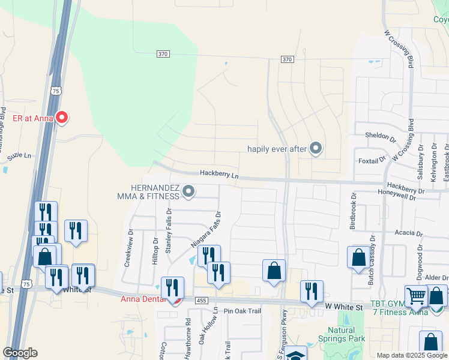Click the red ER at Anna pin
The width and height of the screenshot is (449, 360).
(61, 118)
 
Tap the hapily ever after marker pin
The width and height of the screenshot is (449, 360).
(316, 149)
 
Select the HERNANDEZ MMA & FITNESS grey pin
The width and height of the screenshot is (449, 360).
(188, 192)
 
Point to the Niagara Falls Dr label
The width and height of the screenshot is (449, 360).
(206, 230)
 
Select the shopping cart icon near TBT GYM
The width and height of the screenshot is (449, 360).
(415, 296)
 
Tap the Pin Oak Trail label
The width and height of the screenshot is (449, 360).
(243, 311)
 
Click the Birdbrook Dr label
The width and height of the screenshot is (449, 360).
(354, 211)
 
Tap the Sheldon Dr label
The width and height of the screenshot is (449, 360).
(381, 136)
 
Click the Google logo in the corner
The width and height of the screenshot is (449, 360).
(20, 353)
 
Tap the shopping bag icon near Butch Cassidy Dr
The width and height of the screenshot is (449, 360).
(358, 257)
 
